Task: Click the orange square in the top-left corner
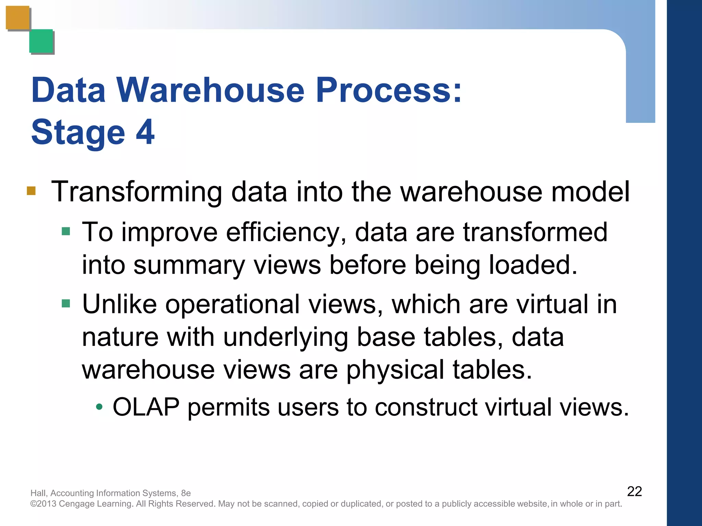(x=17, y=18)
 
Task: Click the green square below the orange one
(x=41, y=41)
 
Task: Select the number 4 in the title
(x=145, y=132)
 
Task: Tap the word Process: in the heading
(x=389, y=90)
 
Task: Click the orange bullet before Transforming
(x=31, y=190)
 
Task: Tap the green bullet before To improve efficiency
(x=66, y=231)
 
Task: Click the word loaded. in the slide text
(x=533, y=265)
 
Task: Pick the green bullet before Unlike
(x=66, y=303)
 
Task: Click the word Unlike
(x=119, y=304)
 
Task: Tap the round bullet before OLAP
(x=99, y=407)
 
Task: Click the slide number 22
(x=634, y=491)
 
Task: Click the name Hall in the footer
(x=38, y=493)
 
